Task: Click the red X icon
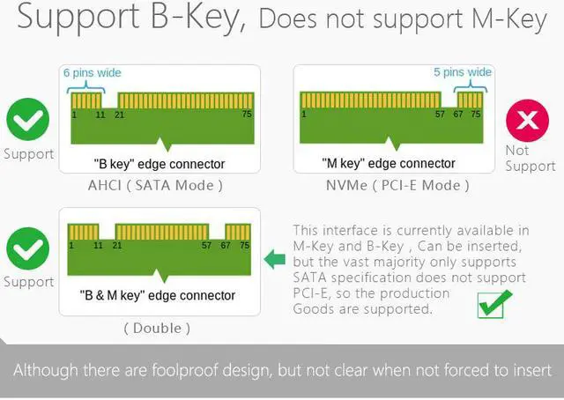527,121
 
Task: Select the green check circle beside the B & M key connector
28,249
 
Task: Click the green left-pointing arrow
276,259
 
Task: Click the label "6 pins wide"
93,72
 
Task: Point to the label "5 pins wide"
463,72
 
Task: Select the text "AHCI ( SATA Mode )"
155,185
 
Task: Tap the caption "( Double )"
158,328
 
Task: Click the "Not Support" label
530,158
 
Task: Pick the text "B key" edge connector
159,164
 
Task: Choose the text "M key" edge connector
389,164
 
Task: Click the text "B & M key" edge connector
158,296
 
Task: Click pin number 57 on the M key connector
439,115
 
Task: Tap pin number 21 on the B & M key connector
117,246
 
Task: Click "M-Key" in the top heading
509,19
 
